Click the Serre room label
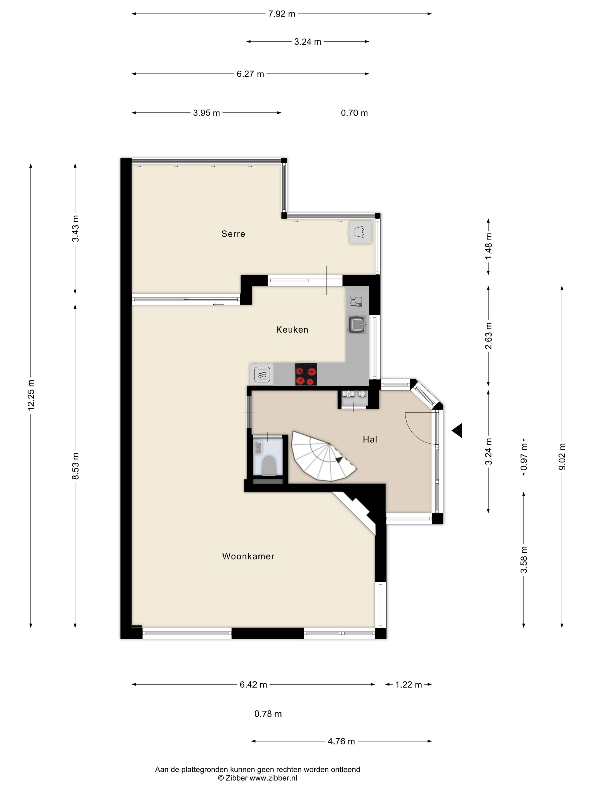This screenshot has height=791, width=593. [x=233, y=234]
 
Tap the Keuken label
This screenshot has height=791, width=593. [x=292, y=329]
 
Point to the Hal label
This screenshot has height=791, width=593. [x=370, y=440]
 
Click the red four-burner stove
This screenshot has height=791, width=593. [x=306, y=374]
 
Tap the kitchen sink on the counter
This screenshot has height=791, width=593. [x=357, y=324]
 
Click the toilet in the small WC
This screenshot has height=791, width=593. [x=269, y=465]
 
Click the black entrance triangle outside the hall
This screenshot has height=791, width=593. [x=457, y=431]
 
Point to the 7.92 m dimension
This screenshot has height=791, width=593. [x=282, y=14]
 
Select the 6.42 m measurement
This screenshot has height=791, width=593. [x=253, y=684]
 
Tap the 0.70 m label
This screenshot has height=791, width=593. [x=354, y=113]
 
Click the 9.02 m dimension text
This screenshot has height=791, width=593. [x=562, y=457]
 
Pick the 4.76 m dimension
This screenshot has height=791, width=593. [x=341, y=741]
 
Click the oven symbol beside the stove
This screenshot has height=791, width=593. [x=262, y=374]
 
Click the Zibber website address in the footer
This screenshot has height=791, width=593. [x=273, y=778]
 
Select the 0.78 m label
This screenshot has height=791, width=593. [x=268, y=714]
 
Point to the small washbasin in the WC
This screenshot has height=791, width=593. [x=257, y=447]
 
